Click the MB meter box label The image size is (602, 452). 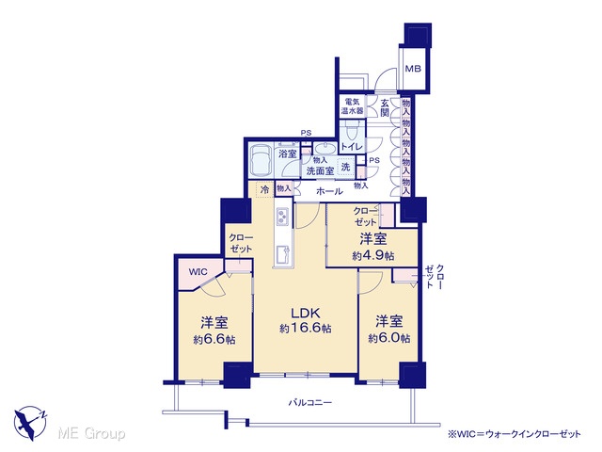pyautogui.click(x=414, y=69)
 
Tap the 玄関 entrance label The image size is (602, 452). pyautogui.click(x=385, y=107)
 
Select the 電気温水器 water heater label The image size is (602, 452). pyautogui.click(x=353, y=106)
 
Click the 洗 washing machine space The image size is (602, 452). pyautogui.click(x=346, y=167)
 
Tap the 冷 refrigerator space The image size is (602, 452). pyautogui.click(x=264, y=189)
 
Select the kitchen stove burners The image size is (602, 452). pyautogui.click(x=282, y=217)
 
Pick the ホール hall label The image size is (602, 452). pyautogui.click(x=329, y=191)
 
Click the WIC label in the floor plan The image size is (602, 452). pyautogui.click(x=198, y=272)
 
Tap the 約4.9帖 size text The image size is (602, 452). pyautogui.click(x=373, y=255)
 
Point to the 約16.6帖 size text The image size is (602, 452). pyautogui.click(x=306, y=329)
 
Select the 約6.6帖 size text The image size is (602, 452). pyautogui.click(x=214, y=340)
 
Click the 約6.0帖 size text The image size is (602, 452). pyautogui.click(x=388, y=338)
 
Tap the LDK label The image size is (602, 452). pyautogui.click(x=305, y=313)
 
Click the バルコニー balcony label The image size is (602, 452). pyautogui.click(x=310, y=403)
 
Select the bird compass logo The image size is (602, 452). pyautogui.click(x=30, y=423)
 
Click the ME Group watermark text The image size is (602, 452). pyautogui.click(x=91, y=434)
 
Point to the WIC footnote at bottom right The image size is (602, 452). pyautogui.click(x=515, y=434)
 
